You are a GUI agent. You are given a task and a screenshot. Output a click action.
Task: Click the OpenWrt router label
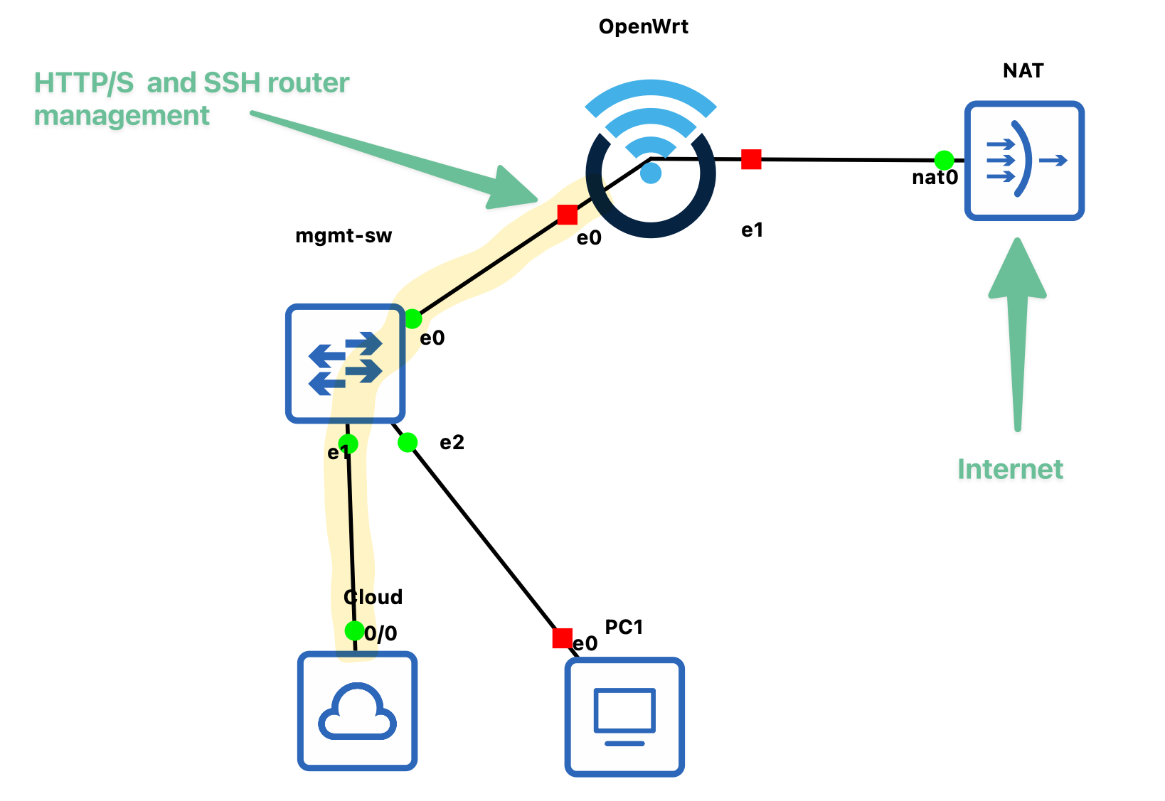click(643, 27)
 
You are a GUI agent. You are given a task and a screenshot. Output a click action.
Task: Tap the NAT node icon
click(1024, 161)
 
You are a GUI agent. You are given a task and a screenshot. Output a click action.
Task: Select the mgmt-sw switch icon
click(346, 364)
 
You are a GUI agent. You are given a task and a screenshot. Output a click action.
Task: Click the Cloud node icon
click(357, 711)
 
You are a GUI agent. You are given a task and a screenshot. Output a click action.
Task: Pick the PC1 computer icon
click(624, 716)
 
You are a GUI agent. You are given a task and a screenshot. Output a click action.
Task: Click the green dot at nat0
click(944, 160)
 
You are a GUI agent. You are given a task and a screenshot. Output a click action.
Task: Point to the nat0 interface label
click(935, 178)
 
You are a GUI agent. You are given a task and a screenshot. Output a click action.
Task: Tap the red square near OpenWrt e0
click(568, 214)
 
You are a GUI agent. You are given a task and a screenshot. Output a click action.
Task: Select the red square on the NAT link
click(751, 159)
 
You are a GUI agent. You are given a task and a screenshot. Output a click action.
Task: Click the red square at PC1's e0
click(562, 638)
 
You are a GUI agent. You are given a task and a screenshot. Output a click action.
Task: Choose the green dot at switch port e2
click(408, 443)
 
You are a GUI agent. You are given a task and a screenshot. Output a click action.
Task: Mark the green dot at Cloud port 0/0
click(354, 630)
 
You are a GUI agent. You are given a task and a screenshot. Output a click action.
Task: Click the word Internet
click(1010, 469)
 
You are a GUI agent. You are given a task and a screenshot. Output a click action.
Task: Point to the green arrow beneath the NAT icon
click(1018, 334)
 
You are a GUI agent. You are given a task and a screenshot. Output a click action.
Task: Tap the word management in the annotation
click(122, 116)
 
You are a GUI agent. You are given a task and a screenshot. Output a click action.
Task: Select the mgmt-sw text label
click(344, 236)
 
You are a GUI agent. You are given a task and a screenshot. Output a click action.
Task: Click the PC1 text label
click(624, 627)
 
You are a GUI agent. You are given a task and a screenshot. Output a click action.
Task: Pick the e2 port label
click(452, 443)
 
